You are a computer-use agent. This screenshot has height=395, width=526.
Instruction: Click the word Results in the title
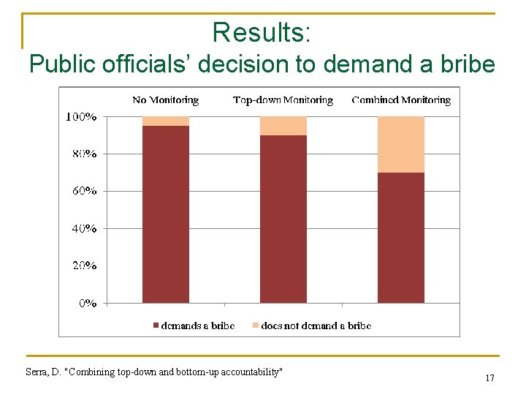[260, 32]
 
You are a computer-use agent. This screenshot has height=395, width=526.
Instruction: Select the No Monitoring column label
[165, 100]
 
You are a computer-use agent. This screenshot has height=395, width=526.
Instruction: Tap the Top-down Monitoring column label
[283, 100]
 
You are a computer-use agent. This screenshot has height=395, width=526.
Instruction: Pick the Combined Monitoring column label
[401, 100]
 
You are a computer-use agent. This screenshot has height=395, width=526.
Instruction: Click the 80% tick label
[83, 154]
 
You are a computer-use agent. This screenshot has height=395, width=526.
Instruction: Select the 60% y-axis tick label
[83, 191]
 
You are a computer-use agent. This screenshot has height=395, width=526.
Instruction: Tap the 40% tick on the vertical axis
[83, 228]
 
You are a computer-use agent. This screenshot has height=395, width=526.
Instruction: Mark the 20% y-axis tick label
[83, 266]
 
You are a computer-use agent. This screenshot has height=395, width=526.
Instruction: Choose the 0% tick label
[87, 303]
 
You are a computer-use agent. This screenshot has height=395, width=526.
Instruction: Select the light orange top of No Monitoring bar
[166, 121]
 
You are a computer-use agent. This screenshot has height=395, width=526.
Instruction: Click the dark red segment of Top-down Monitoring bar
[283, 219]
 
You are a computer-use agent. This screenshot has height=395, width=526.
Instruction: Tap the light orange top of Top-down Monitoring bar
[283, 126]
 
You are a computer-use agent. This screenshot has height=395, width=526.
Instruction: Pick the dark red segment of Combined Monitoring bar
[401, 238]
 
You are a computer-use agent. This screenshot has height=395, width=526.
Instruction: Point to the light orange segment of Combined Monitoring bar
[401, 144]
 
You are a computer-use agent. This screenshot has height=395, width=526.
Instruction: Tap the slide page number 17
[489, 378]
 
